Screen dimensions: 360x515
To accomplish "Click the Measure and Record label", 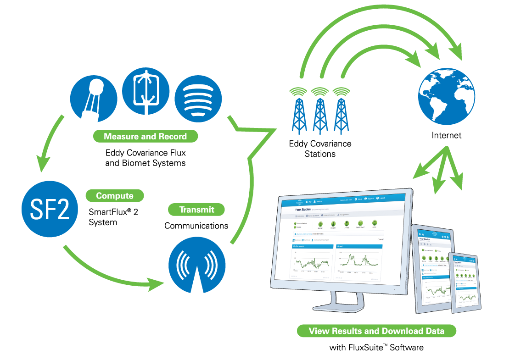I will tap(145, 136).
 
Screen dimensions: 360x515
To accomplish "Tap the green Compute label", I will tap(115, 196).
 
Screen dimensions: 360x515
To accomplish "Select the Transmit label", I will tap(196, 210).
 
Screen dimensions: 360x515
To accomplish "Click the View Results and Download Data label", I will tap(376, 331).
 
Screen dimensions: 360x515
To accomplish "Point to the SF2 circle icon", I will tap(50, 210).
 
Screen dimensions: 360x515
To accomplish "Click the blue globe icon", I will tap(447, 96).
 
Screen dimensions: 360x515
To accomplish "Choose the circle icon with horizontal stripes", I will tap(198, 99).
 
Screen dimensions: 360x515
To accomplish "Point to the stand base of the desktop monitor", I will tap(339, 305).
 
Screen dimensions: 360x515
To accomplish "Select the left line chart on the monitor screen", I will tap(312, 261).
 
